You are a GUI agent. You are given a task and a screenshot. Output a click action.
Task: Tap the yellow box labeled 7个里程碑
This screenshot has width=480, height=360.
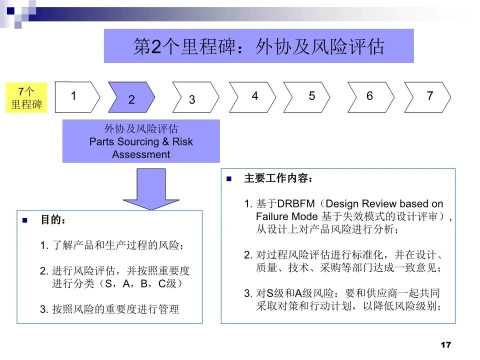[26, 98]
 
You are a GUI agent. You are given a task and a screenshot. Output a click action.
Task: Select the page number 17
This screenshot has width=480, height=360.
[446, 345]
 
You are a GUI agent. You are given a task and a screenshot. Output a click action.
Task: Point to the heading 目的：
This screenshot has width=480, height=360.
[53, 220]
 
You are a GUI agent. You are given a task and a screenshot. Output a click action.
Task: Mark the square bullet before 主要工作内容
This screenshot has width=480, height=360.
[229, 178]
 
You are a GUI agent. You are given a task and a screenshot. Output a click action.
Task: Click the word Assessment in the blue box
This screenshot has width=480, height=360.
[141, 154]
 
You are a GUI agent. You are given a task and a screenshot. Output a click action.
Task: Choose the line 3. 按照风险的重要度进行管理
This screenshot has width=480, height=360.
[109, 309]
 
